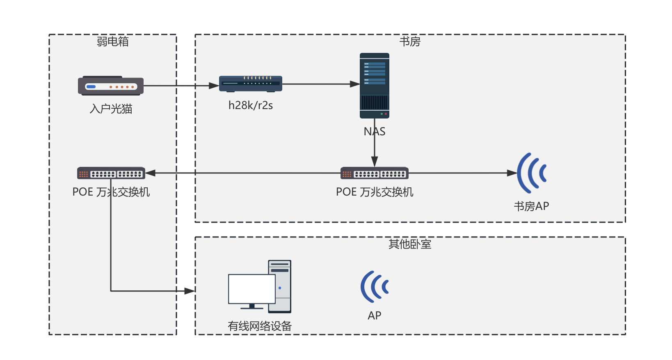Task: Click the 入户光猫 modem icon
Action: click(x=111, y=86)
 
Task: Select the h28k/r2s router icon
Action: click(x=250, y=84)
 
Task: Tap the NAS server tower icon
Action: click(x=374, y=85)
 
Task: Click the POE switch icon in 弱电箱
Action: click(x=111, y=173)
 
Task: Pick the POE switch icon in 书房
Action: click(x=374, y=173)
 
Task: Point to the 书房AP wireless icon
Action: click(x=532, y=173)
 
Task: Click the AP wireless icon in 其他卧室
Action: click(x=374, y=287)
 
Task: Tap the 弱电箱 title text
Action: click(x=112, y=41)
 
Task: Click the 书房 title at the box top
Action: click(x=410, y=41)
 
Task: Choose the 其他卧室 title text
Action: click(x=410, y=244)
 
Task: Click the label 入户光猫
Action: click(x=111, y=109)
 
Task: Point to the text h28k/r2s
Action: click(x=250, y=105)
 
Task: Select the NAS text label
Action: click(x=374, y=132)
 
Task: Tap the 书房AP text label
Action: click(x=531, y=206)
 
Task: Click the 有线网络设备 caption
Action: click(x=260, y=326)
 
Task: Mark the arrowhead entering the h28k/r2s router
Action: click(x=214, y=86)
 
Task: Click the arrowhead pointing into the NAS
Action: click(x=355, y=84)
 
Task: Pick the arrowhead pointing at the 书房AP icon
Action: click(x=512, y=173)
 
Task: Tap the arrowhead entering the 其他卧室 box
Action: click(x=190, y=291)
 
